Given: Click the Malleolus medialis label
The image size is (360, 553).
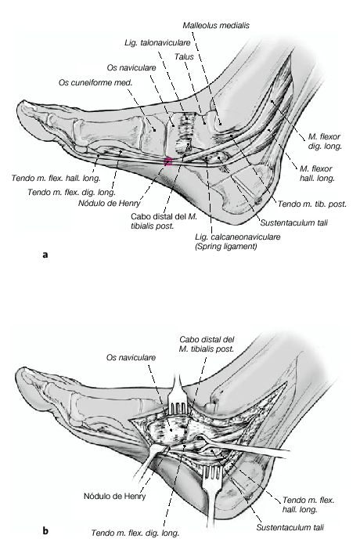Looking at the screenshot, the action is pyautogui.click(x=216, y=25).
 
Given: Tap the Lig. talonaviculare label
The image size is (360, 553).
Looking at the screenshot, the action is pyautogui.click(x=157, y=42).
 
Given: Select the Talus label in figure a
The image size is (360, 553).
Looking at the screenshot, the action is pyautogui.click(x=184, y=56).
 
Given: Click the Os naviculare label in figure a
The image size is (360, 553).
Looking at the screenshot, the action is pyautogui.click(x=131, y=67).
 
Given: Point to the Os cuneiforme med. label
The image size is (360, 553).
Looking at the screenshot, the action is pyautogui.click(x=95, y=83).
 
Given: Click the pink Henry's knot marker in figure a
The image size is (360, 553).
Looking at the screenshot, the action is pyautogui.click(x=167, y=161).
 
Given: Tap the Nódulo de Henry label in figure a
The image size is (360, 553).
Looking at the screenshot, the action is pyautogui.click(x=110, y=203).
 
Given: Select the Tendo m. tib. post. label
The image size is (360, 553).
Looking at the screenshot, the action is pyautogui.click(x=312, y=204).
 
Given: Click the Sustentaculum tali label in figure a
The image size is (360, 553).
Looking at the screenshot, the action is pyautogui.click(x=294, y=222).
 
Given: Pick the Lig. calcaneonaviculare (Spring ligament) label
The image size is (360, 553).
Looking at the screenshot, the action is pyautogui.click(x=237, y=241).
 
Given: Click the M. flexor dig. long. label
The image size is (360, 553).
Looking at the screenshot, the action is pyautogui.click(x=325, y=141).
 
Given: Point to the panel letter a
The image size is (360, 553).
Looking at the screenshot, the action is pyautogui.click(x=45, y=255).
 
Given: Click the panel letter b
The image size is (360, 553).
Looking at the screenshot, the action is pyautogui.click(x=45, y=530).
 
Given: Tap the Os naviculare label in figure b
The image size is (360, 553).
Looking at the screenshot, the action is pyautogui.click(x=131, y=358).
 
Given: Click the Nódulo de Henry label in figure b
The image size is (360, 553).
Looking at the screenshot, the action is pyautogui.click(x=114, y=497).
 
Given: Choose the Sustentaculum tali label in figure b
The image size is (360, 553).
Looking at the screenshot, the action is pyautogui.click(x=290, y=528).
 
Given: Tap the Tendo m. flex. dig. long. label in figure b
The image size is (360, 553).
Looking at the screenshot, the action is pyautogui.click(x=135, y=533).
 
